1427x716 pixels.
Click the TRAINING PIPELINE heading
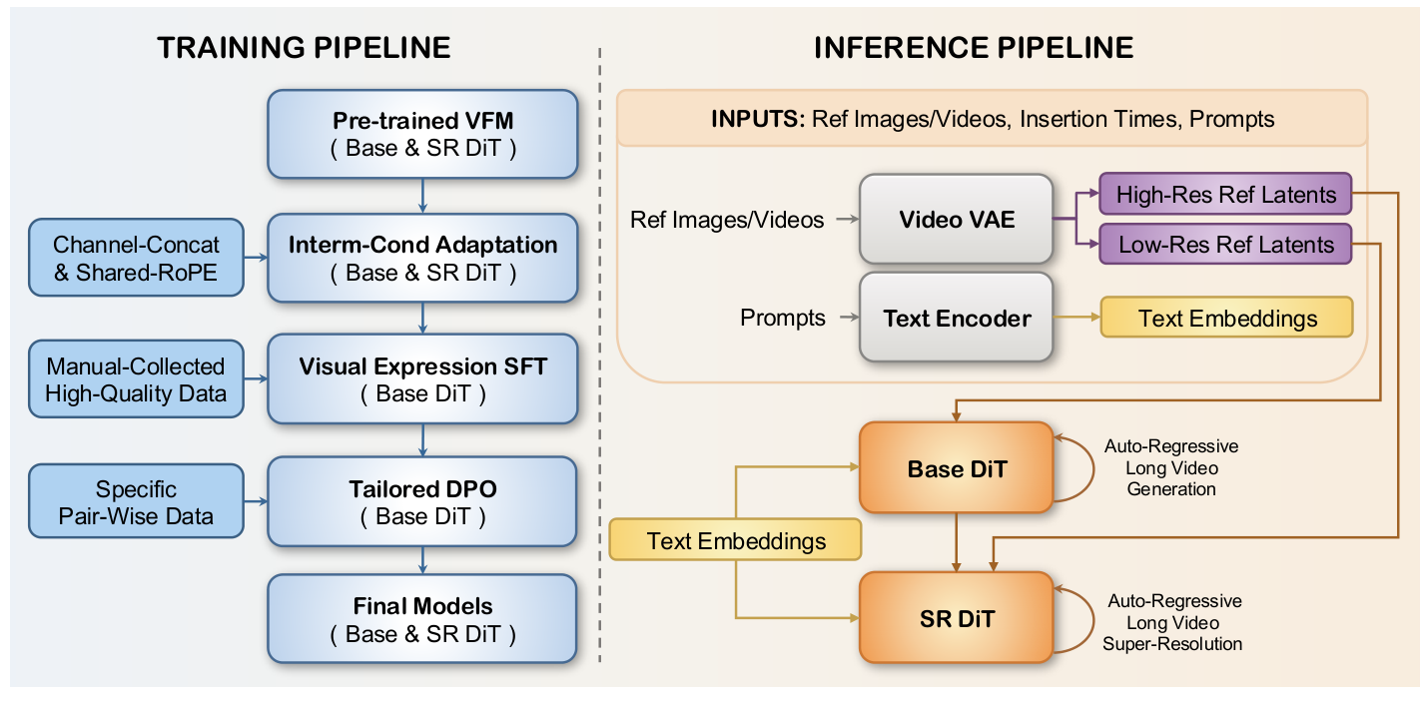(303, 47)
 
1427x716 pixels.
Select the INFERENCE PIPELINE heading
(974, 47)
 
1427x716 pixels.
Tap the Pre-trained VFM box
(422, 135)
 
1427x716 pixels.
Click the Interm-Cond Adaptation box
(422, 258)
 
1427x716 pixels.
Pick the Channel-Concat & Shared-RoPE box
(137, 258)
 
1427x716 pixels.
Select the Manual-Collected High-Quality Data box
(137, 379)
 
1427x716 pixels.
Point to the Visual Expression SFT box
(422, 379)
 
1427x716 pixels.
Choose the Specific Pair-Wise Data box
(137, 502)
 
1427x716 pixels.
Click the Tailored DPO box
(422, 502)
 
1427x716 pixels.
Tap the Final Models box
(422, 619)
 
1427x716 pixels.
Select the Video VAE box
(956, 220)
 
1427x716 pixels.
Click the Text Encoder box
(956, 319)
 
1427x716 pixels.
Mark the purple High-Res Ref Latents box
(1225, 194)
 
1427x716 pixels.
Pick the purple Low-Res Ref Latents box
(1225, 244)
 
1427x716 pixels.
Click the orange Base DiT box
(956, 467)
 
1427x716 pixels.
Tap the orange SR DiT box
(956, 618)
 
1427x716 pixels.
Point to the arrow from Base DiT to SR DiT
(957, 542)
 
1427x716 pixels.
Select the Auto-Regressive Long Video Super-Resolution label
(1173, 622)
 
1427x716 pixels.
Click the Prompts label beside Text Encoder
(782, 319)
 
